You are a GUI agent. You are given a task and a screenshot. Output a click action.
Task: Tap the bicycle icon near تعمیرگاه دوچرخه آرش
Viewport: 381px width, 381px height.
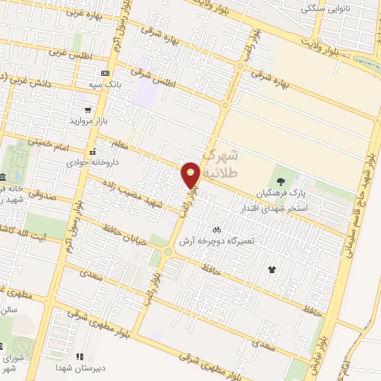pyautogui.click(x=216, y=230)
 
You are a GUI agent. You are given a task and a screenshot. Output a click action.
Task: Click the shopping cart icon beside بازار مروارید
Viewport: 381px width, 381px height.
pyautogui.click(x=89, y=109)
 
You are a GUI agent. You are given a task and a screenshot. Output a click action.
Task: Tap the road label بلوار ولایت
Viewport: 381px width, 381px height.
pyautogui.click(x=323, y=45)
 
